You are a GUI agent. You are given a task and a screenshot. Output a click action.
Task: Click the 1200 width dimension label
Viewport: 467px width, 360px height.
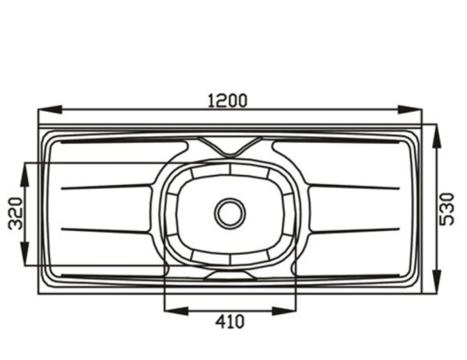click(x=227, y=100)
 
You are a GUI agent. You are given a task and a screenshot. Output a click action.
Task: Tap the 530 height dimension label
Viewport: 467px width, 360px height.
click(x=448, y=209)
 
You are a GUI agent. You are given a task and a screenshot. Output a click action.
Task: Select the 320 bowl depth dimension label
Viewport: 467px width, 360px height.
click(x=16, y=214)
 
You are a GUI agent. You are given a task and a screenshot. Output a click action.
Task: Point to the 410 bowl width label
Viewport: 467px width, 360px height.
click(x=230, y=322)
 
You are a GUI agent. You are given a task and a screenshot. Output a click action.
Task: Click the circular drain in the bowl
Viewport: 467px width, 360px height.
click(x=230, y=213)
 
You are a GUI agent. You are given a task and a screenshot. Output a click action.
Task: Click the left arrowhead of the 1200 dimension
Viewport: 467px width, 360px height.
click(x=50, y=110)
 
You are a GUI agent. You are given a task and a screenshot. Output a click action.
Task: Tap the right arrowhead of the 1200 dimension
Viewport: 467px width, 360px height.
click(x=410, y=110)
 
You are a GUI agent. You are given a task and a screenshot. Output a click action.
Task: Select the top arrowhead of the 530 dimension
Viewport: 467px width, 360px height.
click(x=437, y=135)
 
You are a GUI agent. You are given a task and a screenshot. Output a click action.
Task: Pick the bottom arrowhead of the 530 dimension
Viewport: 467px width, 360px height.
click(x=437, y=281)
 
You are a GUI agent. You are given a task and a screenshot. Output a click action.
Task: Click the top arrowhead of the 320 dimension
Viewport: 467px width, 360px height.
click(x=25, y=175)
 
